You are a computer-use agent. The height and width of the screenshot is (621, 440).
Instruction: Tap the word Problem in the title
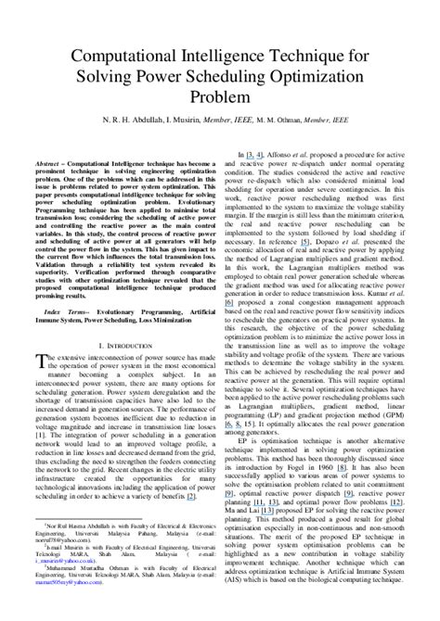pyautogui.click(x=220, y=95)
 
